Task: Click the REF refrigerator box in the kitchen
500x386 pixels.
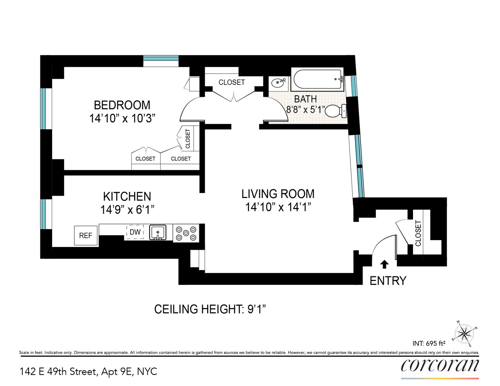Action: tap(86, 235)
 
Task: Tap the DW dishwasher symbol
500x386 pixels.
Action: tap(135, 232)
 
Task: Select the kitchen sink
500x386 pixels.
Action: tap(158, 232)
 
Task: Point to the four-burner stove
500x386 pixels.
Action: tap(186, 233)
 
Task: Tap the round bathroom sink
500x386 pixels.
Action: tap(278, 83)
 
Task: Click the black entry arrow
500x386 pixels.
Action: tap(384, 264)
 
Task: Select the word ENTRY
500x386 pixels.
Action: tap(388, 281)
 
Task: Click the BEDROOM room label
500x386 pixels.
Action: tap(122, 105)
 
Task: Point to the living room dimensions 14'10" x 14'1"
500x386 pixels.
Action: tap(278, 207)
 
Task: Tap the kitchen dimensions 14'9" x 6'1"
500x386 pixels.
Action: tap(127, 210)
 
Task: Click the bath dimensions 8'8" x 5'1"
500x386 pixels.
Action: tap(305, 110)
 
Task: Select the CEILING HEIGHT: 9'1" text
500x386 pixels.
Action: tap(210, 309)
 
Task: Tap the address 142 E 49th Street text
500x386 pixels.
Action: tap(88, 372)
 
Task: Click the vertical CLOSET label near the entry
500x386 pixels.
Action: tap(418, 233)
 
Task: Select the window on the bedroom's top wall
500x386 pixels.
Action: tap(161, 59)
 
